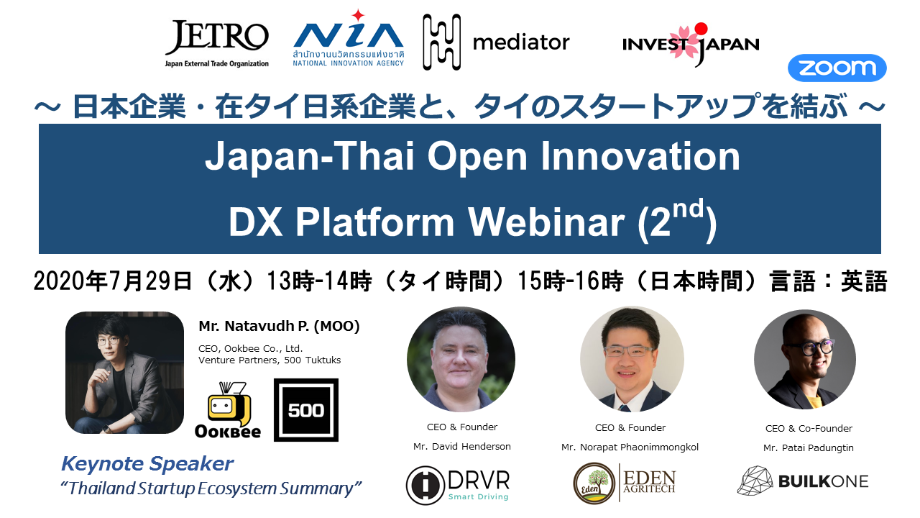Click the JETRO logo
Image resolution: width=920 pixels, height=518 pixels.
click(x=217, y=44)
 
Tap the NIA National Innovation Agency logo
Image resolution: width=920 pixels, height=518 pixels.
click(x=349, y=39)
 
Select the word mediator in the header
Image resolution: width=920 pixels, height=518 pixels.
click(x=521, y=42)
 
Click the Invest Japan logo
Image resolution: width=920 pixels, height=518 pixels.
click(x=691, y=45)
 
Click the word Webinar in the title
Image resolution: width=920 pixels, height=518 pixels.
click(x=547, y=222)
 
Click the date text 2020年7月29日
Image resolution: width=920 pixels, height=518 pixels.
click(x=113, y=281)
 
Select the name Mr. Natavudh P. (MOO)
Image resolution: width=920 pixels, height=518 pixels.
click(x=280, y=326)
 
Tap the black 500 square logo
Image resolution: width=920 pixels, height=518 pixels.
click(x=306, y=410)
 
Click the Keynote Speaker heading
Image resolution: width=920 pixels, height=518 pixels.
click(x=147, y=464)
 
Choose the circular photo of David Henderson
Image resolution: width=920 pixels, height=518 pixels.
click(x=461, y=359)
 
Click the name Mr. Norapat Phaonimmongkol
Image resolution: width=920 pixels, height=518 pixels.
click(x=630, y=447)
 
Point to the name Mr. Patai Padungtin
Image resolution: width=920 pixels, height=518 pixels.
click(x=809, y=448)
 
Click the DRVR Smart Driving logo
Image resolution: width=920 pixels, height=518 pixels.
click(x=458, y=485)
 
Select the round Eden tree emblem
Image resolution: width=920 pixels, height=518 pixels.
click(x=594, y=483)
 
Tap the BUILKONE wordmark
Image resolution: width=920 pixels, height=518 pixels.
click(x=824, y=481)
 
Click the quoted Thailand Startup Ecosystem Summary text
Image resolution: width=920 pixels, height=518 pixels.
click(x=211, y=489)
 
